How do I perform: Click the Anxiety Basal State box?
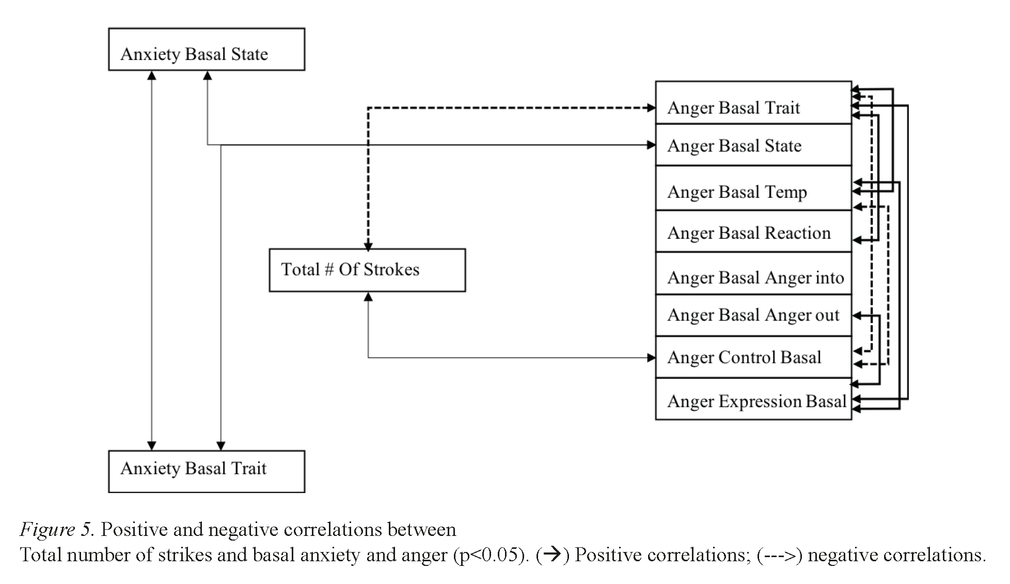(207, 50)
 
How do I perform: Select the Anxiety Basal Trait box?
(207, 471)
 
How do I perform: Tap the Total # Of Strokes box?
(367, 270)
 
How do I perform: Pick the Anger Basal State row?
(753, 145)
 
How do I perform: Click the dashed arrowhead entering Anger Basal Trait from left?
(651, 107)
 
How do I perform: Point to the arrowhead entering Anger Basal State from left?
(651, 145)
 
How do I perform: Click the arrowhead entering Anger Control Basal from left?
(651, 358)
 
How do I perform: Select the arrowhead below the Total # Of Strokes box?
(368, 297)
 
